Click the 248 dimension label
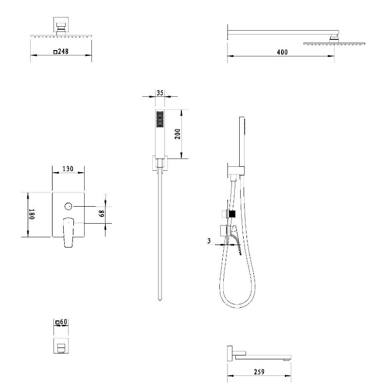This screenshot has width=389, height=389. coord(63,52)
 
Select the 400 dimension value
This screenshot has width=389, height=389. coord(283,52)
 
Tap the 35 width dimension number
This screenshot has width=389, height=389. coord(160,93)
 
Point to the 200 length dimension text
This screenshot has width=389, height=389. coord(177,134)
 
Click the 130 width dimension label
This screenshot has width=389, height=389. coord(68,169)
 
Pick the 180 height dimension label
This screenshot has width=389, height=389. coord(32,214)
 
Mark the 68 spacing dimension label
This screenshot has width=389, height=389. coord(102,213)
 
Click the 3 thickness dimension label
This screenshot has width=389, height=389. coord(209,241)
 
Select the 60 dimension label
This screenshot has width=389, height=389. coord(64,321)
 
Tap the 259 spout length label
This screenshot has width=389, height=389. coord(259,371)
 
